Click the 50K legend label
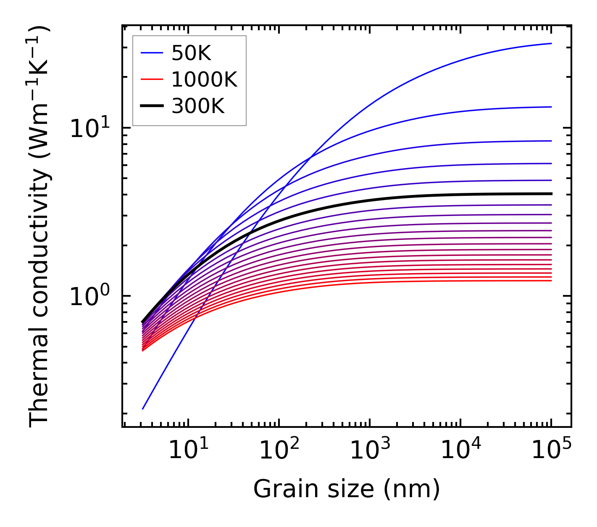191,53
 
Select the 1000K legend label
204,79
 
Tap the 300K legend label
198,106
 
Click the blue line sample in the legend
152,53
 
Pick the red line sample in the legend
152,79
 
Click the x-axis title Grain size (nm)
347,489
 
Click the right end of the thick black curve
551,194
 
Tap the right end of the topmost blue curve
551,43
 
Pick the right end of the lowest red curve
551,280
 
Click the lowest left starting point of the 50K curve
143,408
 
